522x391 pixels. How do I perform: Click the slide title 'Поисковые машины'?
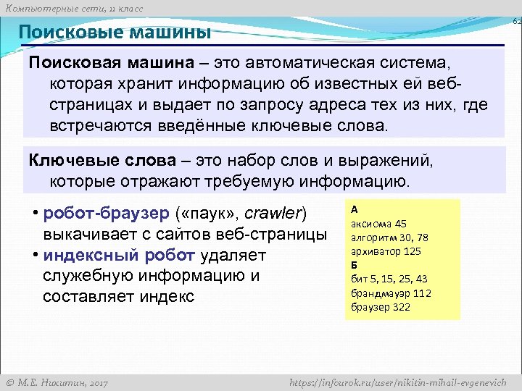(x=115, y=33)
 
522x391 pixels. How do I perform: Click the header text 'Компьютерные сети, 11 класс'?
(x=72, y=8)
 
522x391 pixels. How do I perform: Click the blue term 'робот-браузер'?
(x=107, y=214)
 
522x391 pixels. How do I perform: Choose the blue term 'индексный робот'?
(x=119, y=256)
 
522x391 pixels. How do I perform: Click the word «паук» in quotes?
(x=208, y=214)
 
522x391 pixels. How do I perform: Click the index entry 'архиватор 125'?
(x=386, y=251)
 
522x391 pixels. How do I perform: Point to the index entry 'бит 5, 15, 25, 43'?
(x=389, y=279)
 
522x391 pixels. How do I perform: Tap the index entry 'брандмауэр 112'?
(x=390, y=293)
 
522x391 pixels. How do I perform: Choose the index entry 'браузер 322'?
(x=380, y=307)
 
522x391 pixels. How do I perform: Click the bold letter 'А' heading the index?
(x=354, y=209)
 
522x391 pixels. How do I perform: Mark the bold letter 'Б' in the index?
(x=354, y=265)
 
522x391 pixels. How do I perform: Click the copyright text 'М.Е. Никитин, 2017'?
(x=57, y=382)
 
